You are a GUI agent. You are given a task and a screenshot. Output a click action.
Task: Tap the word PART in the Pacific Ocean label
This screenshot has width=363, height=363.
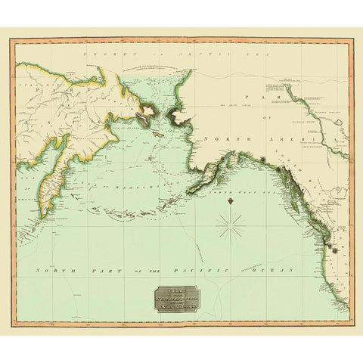click(x=97, y=270)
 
